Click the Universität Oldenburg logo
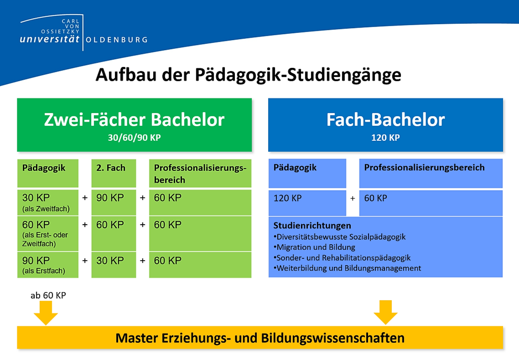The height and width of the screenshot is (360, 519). coord(83,32)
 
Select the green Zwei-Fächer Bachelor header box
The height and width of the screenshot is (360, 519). coord(135,125)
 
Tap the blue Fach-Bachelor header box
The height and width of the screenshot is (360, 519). coord(385,125)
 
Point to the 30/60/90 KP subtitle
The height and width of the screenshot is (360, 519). coord(135,138)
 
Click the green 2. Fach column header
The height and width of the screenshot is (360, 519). coord(114,173)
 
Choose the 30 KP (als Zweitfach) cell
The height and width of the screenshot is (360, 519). coord(48,203)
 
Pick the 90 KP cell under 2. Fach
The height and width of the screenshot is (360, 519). coord(114,203)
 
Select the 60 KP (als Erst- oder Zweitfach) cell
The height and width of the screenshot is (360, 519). coord(48,234)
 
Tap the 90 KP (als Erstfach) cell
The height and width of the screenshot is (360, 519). coord(48,264)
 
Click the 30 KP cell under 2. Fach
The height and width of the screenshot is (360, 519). coord(114,264)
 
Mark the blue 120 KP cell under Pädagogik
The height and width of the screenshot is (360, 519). coord(307,203)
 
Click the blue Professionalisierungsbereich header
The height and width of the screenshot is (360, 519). coord(431,173)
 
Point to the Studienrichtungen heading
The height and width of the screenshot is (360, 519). coord(312,226)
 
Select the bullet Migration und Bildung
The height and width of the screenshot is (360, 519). coord(314,247)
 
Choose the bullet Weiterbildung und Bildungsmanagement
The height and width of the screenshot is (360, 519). coord(347,268)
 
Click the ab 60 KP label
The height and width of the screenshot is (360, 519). coord(48,296)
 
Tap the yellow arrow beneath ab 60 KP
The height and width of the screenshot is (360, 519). coord(46,313)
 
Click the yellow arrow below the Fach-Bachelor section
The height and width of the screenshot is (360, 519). coord(385,312)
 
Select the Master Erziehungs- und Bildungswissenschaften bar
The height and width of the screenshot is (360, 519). coord(260,338)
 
